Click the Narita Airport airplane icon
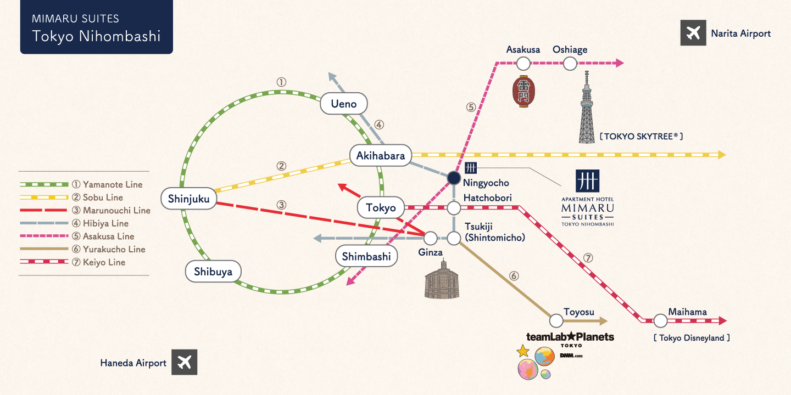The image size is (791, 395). pyautogui.click(x=693, y=33)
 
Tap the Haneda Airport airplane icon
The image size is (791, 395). pyautogui.click(x=184, y=363)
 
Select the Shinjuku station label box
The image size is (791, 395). pyautogui.click(x=189, y=199)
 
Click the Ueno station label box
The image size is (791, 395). pyautogui.click(x=344, y=104)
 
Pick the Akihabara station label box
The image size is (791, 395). pyautogui.click(x=381, y=156)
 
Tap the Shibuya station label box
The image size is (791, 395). pyautogui.click(x=213, y=272)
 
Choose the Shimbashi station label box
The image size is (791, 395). pyautogui.click(x=366, y=256)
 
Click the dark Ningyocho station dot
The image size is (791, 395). pyautogui.click(x=454, y=178)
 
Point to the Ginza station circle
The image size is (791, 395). pyautogui.click(x=431, y=238)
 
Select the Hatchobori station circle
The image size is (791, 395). pyautogui.click(x=454, y=208)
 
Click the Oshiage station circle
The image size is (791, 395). pyautogui.click(x=570, y=64)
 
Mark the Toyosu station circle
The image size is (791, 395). pyautogui.click(x=556, y=321)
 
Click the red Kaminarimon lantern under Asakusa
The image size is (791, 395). pyautogui.click(x=523, y=91)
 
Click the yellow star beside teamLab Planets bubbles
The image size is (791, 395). pyautogui.click(x=523, y=351)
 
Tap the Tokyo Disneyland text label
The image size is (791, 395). pyautogui.click(x=692, y=338)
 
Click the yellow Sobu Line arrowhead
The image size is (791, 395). pyautogui.click(x=721, y=155)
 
